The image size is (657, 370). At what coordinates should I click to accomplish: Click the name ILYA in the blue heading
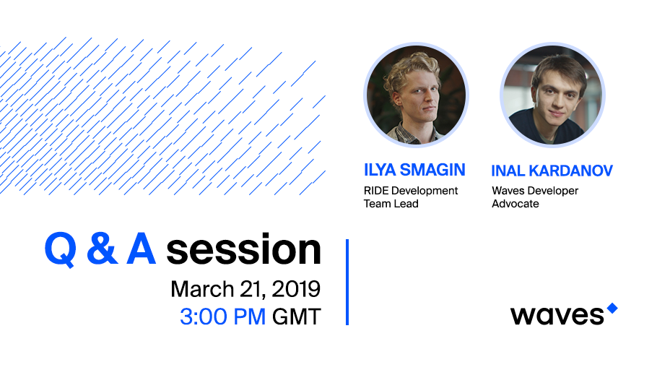click(x=380, y=170)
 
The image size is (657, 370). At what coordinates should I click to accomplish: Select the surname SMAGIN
click(x=433, y=170)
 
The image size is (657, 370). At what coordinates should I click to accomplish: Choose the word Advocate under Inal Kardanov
click(x=515, y=204)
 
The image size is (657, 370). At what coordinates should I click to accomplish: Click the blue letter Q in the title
click(x=61, y=250)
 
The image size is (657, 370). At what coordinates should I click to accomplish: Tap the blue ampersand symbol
click(x=103, y=249)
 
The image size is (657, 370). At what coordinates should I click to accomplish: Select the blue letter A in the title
click(x=142, y=249)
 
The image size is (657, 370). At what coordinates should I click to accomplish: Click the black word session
click(x=244, y=249)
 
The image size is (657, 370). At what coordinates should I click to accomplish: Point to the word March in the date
click(x=202, y=289)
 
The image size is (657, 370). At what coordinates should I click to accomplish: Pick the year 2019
click(x=296, y=289)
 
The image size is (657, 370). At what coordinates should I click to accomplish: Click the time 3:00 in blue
click(x=203, y=317)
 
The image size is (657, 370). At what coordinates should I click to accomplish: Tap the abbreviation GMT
click(x=297, y=317)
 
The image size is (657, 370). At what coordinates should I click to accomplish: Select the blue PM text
click(x=249, y=317)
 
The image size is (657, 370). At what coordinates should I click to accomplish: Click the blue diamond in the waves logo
click(x=612, y=309)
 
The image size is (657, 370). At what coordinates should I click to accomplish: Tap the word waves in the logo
click(x=557, y=316)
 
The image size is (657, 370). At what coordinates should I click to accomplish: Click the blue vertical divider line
click(x=347, y=283)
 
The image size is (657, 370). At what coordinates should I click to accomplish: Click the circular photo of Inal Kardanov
click(x=552, y=95)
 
